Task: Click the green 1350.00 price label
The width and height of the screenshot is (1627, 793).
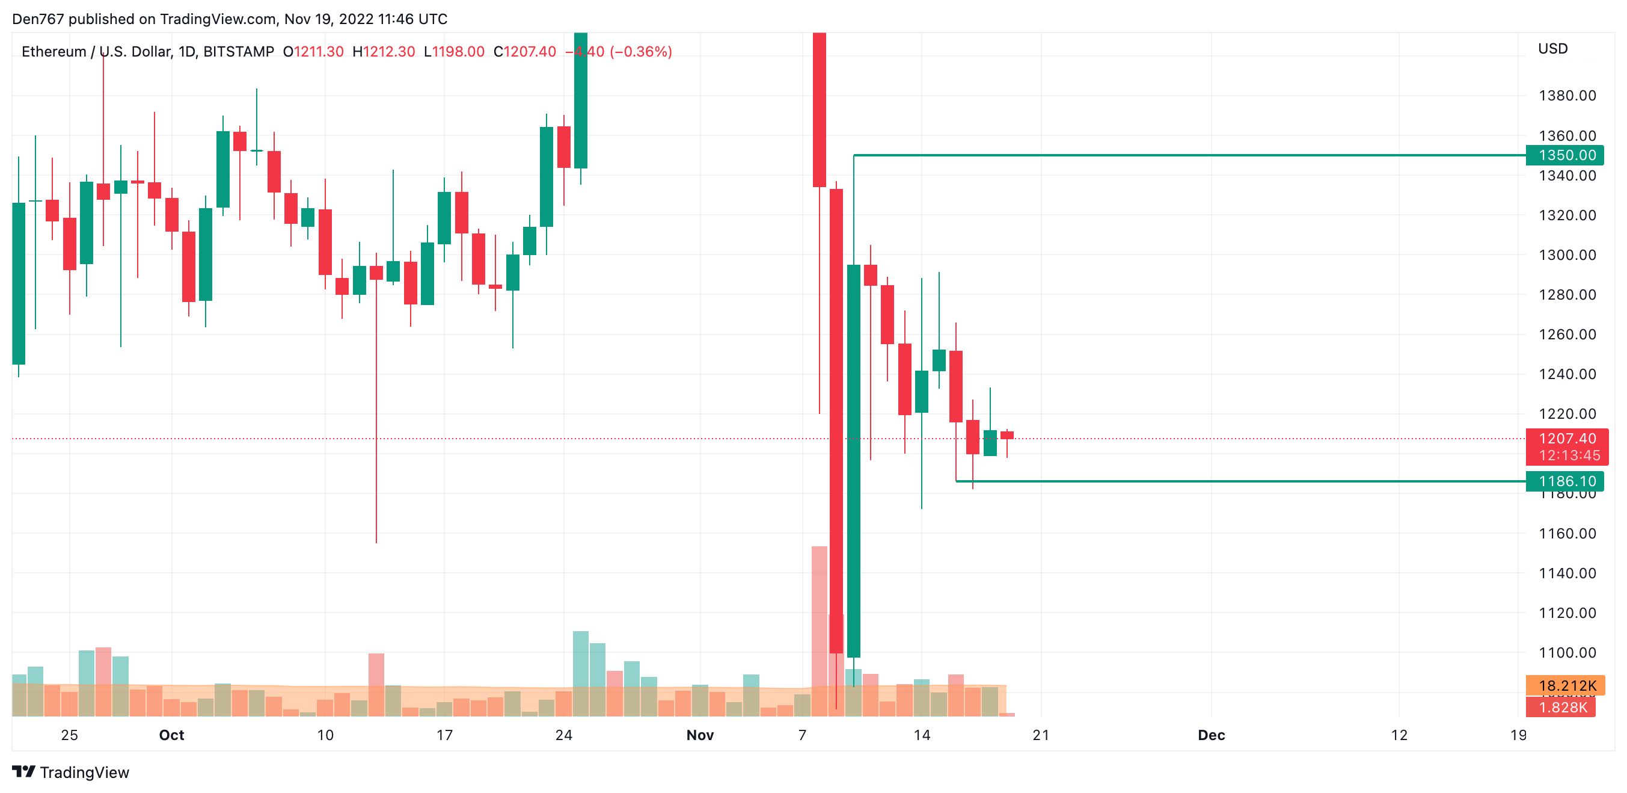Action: coord(1566,155)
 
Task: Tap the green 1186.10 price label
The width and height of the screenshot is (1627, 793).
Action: coord(1566,481)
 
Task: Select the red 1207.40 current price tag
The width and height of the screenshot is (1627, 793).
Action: coord(1567,439)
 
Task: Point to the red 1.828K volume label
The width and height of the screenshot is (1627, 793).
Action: coord(1562,707)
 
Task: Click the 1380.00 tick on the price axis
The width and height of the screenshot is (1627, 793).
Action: coord(1567,96)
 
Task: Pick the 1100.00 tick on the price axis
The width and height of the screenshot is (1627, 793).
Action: coord(1567,653)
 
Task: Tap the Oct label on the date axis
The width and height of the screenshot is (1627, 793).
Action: coord(171,735)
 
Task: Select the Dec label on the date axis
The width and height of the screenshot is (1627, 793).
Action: coord(1211,735)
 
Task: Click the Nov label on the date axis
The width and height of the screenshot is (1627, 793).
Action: coord(700,735)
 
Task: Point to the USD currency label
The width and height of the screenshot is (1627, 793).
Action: coord(1552,49)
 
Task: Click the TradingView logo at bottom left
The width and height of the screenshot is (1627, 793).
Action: coord(70,772)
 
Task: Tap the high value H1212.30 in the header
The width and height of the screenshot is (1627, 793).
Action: coord(384,52)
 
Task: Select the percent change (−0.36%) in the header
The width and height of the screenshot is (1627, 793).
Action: coord(640,52)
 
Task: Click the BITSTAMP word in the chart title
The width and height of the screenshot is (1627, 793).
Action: coord(238,52)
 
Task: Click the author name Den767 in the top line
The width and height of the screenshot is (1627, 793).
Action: coord(38,19)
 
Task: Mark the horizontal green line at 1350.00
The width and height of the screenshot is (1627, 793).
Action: coord(1187,155)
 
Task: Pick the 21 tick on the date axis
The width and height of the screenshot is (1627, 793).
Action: coord(1041,735)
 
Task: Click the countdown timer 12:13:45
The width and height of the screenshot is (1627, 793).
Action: coord(1569,455)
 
